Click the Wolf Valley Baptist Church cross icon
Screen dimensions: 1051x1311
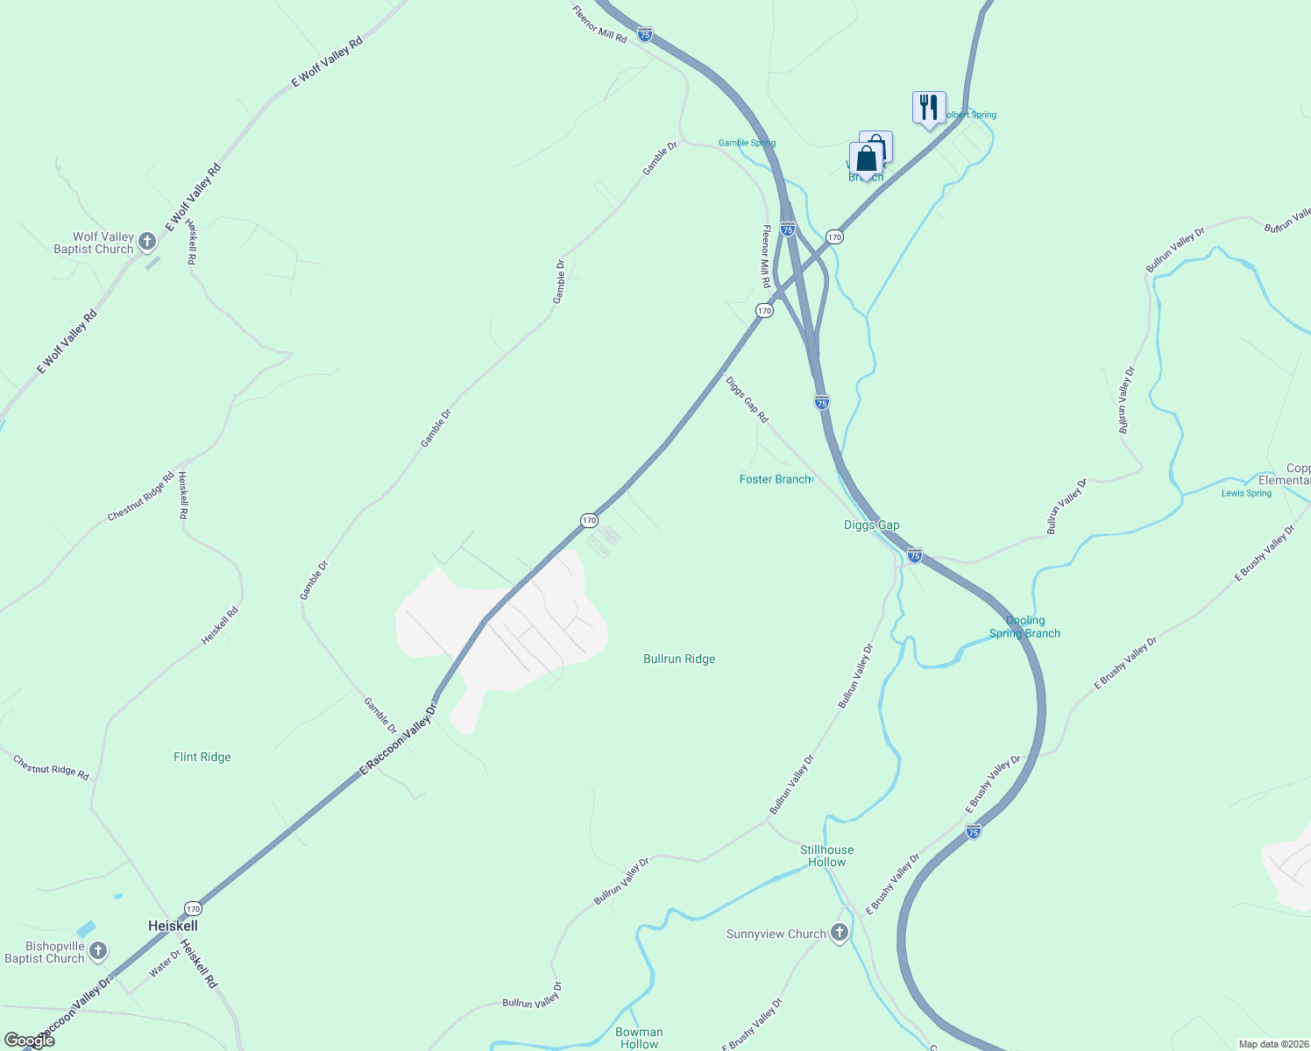pyautogui.click(x=147, y=242)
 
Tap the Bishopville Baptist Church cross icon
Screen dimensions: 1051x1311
pyautogui.click(x=98, y=951)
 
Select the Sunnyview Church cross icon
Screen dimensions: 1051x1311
pyautogui.click(x=840, y=933)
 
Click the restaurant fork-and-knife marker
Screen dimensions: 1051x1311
pyautogui.click(x=928, y=108)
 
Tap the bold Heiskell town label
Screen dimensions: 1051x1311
pyautogui.click(x=173, y=926)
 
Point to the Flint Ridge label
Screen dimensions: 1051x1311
pyautogui.click(x=202, y=758)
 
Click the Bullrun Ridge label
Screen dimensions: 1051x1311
pyautogui.click(x=679, y=660)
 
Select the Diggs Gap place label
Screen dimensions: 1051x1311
pyautogui.click(x=871, y=525)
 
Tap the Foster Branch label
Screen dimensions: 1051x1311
pyautogui.click(x=775, y=480)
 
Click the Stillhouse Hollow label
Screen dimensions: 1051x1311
pyautogui.click(x=826, y=856)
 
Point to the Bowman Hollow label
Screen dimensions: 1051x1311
pyautogui.click(x=639, y=1038)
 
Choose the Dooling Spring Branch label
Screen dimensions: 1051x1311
pyautogui.click(x=1024, y=627)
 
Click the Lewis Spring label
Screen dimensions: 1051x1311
pyautogui.click(x=1246, y=494)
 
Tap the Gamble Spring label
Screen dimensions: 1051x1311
pyautogui.click(x=747, y=144)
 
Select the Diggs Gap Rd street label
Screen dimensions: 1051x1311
pyautogui.click(x=747, y=400)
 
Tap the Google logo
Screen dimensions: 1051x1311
pyautogui.click(x=29, y=1040)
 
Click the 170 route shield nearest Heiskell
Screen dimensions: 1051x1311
pyautogui.click(x=193, y=908)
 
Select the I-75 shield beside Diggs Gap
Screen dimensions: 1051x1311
pyautogui.click(x=914, y=555)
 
